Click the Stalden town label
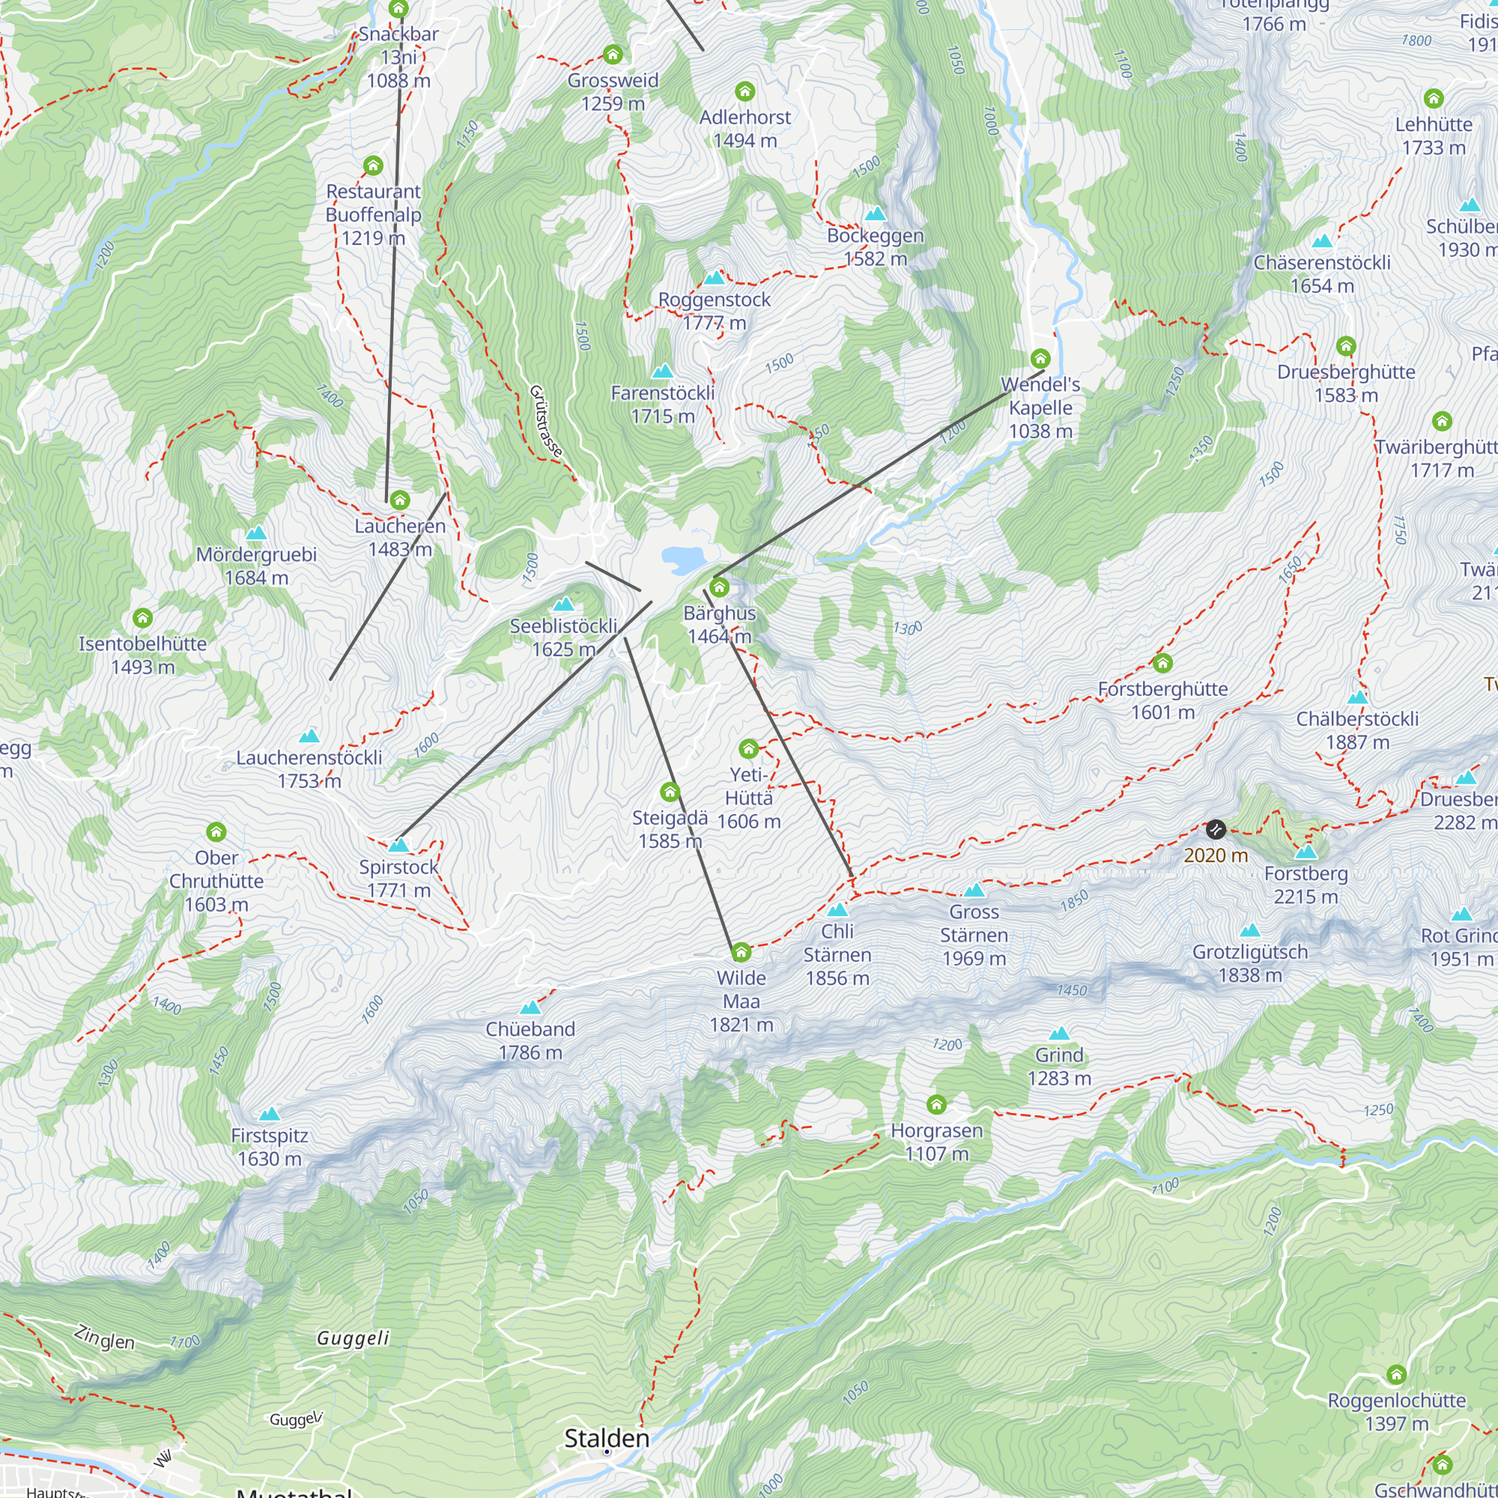pyautogui.click(x=607, y=1437)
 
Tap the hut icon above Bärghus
pyautogui.click(x=720, y=587)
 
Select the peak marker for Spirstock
pyautogui.click(x=398, y=845)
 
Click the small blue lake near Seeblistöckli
pyautogui.click(x=683, y=557)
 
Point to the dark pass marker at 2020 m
pyautogui.click(x=1215, y=830)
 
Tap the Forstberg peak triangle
pyautogui.click(x=1306, y=852)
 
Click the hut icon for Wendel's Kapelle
pyautogui.click(x=1040, y=358)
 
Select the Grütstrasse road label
pyautogui.click(x=546, y=420)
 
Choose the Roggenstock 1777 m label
pyautogui.click(x=714, y=311)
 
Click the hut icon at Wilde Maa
pyautogui.click(x=742, y=951)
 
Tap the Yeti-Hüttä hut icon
pyautogui.click(x=748, y=748)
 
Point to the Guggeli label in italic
pyautogui.click(x=353, y=1338)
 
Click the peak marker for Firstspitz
pyautogui.click(x=269, y=1115)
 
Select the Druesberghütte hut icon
pyautogui.click(x=1346, y=346)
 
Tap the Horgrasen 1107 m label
pyautogui.click(x=937, y=1141)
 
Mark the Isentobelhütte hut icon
pyautogui.click(x=142, y=618)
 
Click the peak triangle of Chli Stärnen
pyautogui.click(x=837, y=909)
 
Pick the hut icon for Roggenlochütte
pyautogui.click(x=1396, y=1374)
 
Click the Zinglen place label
pyautogui.click(x=105, y=1338)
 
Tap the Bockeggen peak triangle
pyautogui.click(x=876, y=213)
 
